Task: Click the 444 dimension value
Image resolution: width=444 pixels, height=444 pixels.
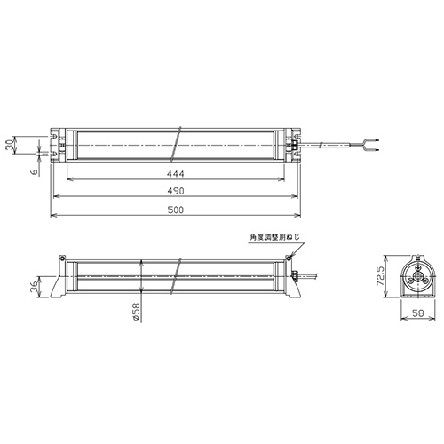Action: click(x=176, y=174)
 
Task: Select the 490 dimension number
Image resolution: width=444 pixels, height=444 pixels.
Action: click(x=176, y=191)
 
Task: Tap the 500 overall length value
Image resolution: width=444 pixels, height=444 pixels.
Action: click(x=176, y=210)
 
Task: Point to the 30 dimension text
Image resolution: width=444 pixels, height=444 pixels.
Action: click(x=11, y=145)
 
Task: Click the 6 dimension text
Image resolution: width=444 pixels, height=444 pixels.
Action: click(x=35, y=171)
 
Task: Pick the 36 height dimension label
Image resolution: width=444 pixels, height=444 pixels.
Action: click(x=35, y=287)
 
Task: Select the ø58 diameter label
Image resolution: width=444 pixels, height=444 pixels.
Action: click(x=136, y=312)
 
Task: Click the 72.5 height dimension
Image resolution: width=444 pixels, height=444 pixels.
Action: click(x=380, y=276)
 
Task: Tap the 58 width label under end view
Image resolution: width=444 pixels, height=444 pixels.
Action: click(x=418, y=313)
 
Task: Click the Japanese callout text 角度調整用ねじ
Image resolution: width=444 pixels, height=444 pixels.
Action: click(x=275, y=237)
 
